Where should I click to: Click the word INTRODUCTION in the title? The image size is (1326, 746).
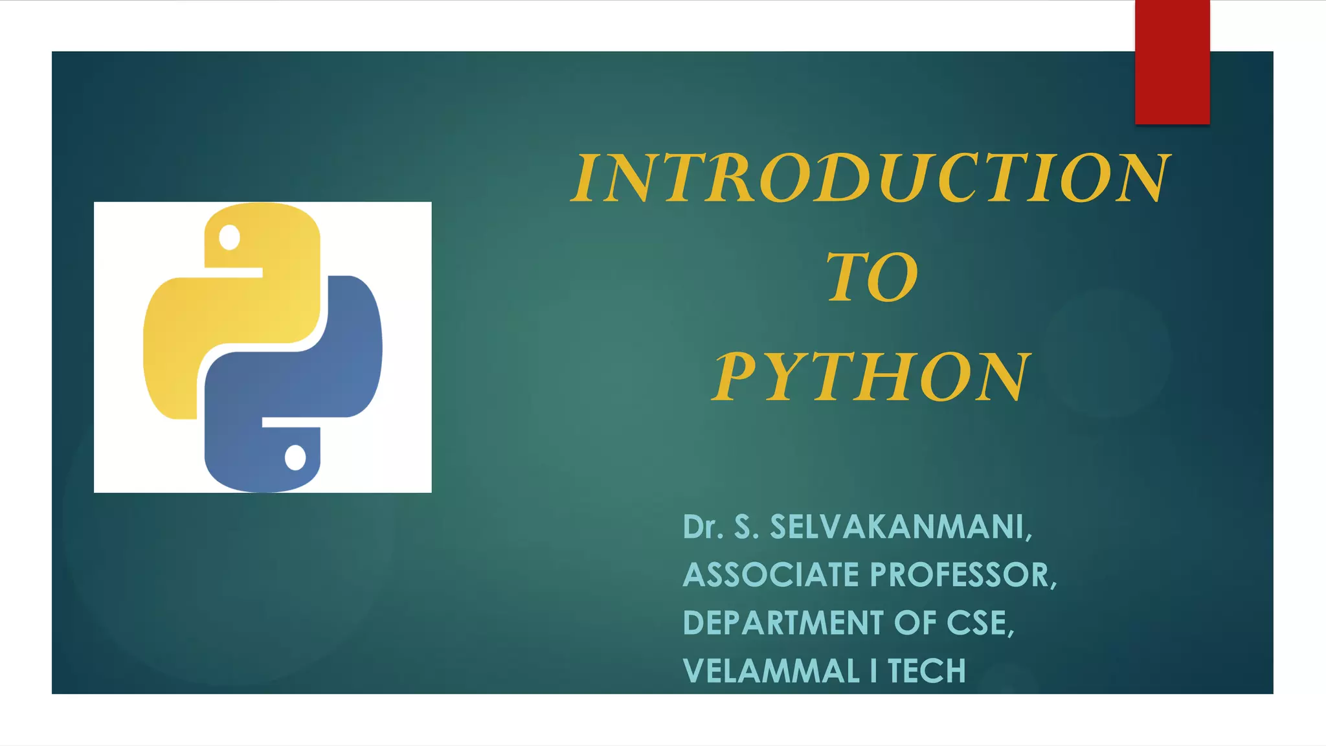[871, 177]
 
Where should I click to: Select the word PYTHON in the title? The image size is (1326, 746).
[871, 377]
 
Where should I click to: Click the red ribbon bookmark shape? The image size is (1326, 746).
[1172, 62]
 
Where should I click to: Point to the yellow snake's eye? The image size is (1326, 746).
[229, 237]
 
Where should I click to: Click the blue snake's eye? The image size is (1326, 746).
[295, 458]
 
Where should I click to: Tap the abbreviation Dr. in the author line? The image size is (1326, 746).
[702, 527]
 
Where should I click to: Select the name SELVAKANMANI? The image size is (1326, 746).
[900, 527]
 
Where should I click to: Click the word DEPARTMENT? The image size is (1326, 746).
[783, 623]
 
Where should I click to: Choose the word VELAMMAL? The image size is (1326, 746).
[771, 671]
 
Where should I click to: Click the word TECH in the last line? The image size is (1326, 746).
[927, 671]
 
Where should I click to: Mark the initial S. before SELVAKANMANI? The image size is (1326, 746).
[745, 527]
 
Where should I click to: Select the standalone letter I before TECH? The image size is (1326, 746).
[873, 671]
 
